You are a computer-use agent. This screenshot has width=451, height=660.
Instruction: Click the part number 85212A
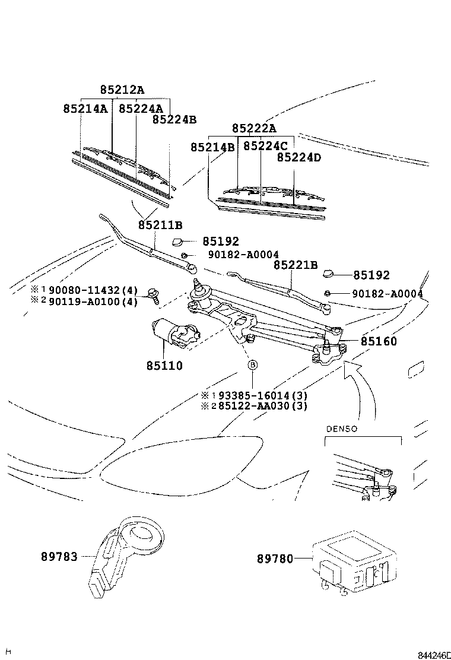coord(122,90)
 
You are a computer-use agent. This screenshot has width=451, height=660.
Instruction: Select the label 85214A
coord(85,109)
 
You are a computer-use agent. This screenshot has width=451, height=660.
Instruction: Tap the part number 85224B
coord(174,119)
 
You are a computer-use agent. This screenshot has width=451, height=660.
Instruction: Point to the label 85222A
coord(254,129)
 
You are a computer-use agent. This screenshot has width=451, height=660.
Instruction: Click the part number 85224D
coord(298,158)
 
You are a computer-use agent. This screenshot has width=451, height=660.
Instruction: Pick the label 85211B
coord(160,226)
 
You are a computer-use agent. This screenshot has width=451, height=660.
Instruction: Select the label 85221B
coord(296,265)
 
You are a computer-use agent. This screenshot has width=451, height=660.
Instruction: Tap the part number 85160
coord(378,342)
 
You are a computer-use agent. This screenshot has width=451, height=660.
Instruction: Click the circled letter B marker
coord(252,365)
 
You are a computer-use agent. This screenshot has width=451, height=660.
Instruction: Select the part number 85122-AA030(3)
coord(262,406)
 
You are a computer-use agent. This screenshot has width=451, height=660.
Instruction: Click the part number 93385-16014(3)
coord(262,395)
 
